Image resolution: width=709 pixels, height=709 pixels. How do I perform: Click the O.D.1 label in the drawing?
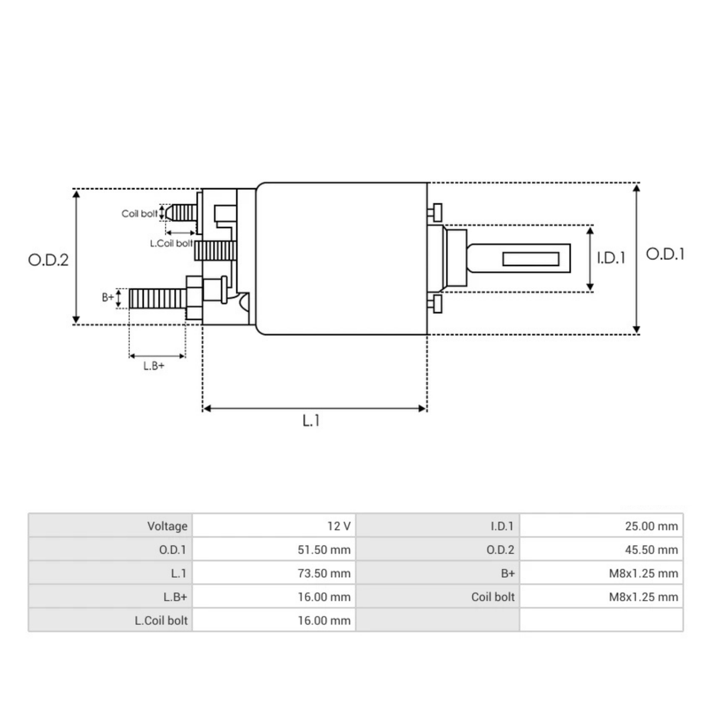[665, 254]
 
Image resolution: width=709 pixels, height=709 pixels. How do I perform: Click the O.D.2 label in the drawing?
[48, 260]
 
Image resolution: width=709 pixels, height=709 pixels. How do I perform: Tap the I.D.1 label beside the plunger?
[610, 258]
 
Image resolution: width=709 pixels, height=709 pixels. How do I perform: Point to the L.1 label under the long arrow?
[311, 421]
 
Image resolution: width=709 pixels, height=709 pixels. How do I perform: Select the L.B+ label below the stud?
[154, 366]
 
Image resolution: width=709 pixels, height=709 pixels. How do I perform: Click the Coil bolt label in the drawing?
[139, 213]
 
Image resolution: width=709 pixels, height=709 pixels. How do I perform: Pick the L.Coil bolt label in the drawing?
[171, 243]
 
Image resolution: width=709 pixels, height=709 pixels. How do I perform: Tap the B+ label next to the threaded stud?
[108, 297]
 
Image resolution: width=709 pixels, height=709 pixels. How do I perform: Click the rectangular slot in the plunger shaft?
[531, 259]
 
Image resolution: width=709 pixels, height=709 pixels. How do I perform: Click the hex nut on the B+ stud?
[194, 298]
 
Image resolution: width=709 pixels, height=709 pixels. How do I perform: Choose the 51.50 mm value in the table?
[324, 549]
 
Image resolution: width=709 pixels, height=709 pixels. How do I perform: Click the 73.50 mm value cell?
[324, 573]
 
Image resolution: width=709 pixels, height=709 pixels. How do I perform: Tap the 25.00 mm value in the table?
[651, 526]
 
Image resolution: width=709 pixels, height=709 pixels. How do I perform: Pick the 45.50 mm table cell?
[651, 549]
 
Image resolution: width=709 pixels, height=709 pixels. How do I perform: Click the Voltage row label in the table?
[167, 526]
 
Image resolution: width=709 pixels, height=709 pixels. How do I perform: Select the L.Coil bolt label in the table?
[161, 620]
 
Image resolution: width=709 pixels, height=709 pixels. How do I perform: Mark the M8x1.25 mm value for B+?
[643, 573]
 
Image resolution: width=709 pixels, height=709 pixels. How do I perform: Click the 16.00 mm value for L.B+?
[324, 597]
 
